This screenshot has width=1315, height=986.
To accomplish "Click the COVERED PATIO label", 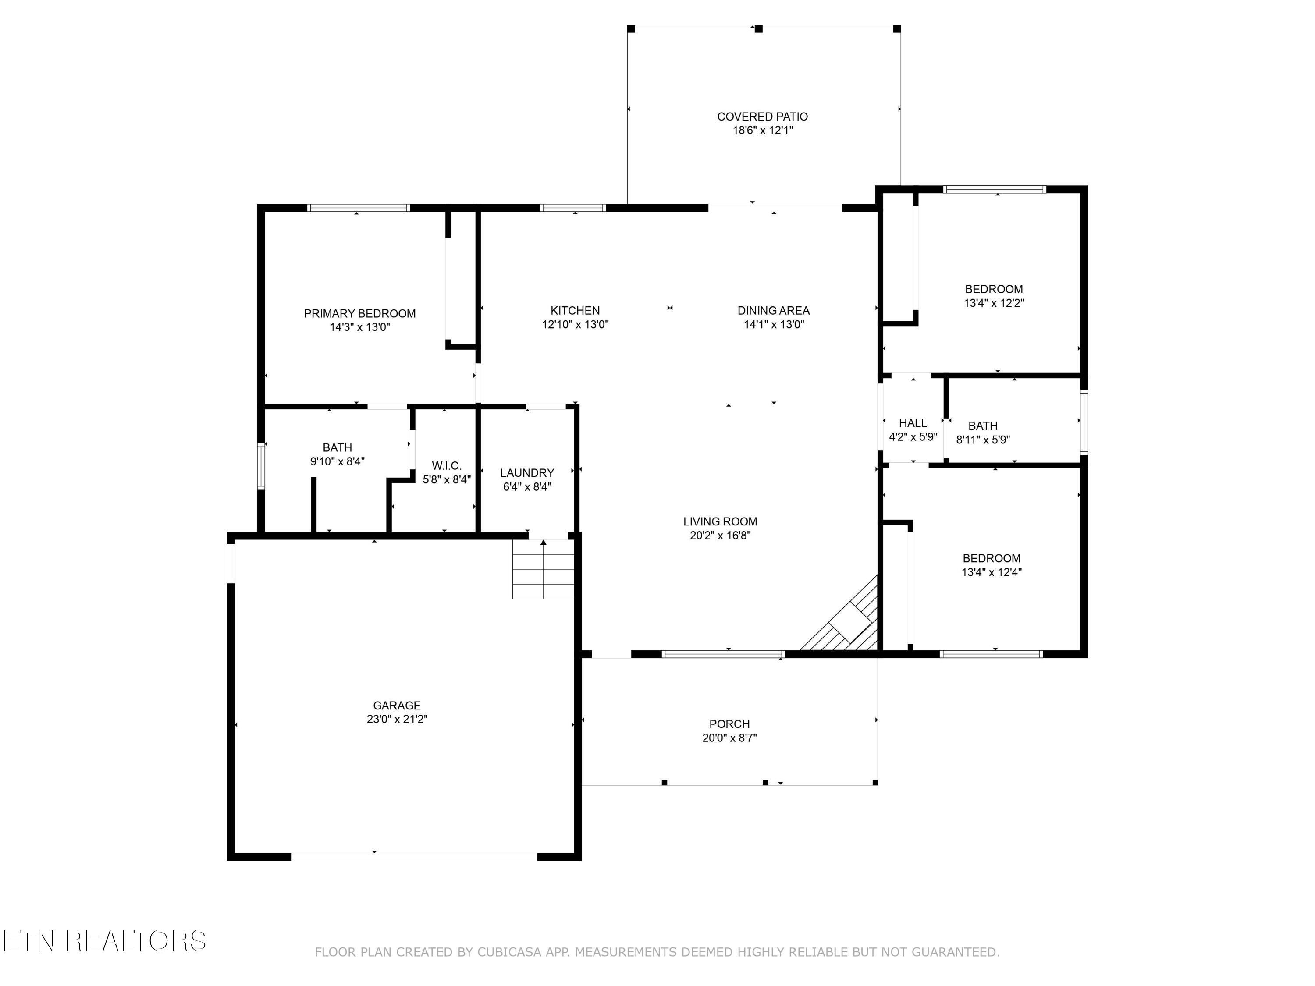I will click(762, 117).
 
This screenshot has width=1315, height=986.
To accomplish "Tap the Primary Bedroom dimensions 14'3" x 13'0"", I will click(360, 327).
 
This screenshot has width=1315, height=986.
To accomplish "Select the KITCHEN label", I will click(575, 310).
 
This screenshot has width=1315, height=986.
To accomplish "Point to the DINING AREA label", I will click(773, 310).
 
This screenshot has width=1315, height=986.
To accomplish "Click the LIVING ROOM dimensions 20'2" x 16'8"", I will click(720, 536).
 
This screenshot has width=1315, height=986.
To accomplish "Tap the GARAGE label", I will click(397, 706).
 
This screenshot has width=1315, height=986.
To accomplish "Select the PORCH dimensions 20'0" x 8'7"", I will click(729, 738).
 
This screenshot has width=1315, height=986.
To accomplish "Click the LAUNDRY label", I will click(527, 472).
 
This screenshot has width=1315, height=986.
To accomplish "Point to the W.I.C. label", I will click(447, 465).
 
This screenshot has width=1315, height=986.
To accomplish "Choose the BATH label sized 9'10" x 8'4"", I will click(337, 447).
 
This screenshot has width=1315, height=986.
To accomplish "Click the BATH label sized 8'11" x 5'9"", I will click(983, 426).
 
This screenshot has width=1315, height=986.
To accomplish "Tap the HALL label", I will click(913, 422).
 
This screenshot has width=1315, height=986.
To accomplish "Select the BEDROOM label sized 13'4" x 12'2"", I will click(993, 289).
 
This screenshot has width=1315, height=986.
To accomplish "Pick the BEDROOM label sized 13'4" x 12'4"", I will click(991, 558).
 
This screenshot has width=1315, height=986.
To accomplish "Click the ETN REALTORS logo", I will click(104, 941).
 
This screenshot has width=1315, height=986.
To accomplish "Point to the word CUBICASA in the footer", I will click(509, 952).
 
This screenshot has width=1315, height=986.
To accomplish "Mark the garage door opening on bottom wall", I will click(414, 856).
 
